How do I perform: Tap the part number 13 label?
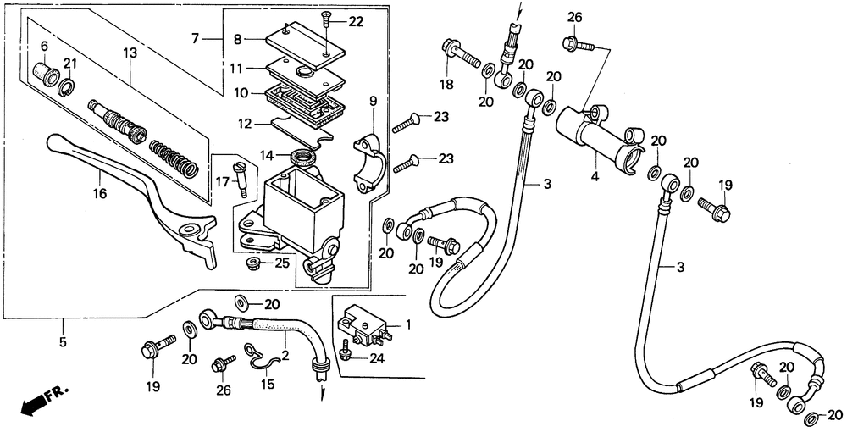130,53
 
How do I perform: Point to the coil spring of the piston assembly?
174,158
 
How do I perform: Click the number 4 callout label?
595,176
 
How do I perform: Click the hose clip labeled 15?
259,358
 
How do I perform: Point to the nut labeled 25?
252,264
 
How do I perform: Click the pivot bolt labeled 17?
241,175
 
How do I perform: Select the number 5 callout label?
63,342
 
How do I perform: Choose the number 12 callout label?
245,124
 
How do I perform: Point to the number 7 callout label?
195,38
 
